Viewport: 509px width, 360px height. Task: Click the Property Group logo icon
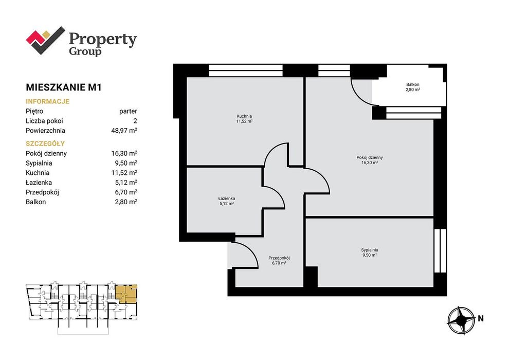pos(45,41)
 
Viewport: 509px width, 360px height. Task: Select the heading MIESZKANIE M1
pos(64,87)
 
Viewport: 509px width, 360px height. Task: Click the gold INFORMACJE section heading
pos(47,101)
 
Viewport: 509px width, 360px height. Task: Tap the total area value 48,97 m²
pos(124,131)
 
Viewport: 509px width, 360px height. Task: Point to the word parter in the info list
pos(128,112)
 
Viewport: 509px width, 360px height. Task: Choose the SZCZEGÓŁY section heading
pos(45,143)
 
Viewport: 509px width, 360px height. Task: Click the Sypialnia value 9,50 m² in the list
pos(124,163)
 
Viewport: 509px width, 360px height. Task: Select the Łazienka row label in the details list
pos(39,183)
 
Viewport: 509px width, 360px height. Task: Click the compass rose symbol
pos(461,320)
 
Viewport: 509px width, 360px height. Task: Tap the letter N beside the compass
pos(480,318)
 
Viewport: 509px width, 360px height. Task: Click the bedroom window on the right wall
pos(440,250)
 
